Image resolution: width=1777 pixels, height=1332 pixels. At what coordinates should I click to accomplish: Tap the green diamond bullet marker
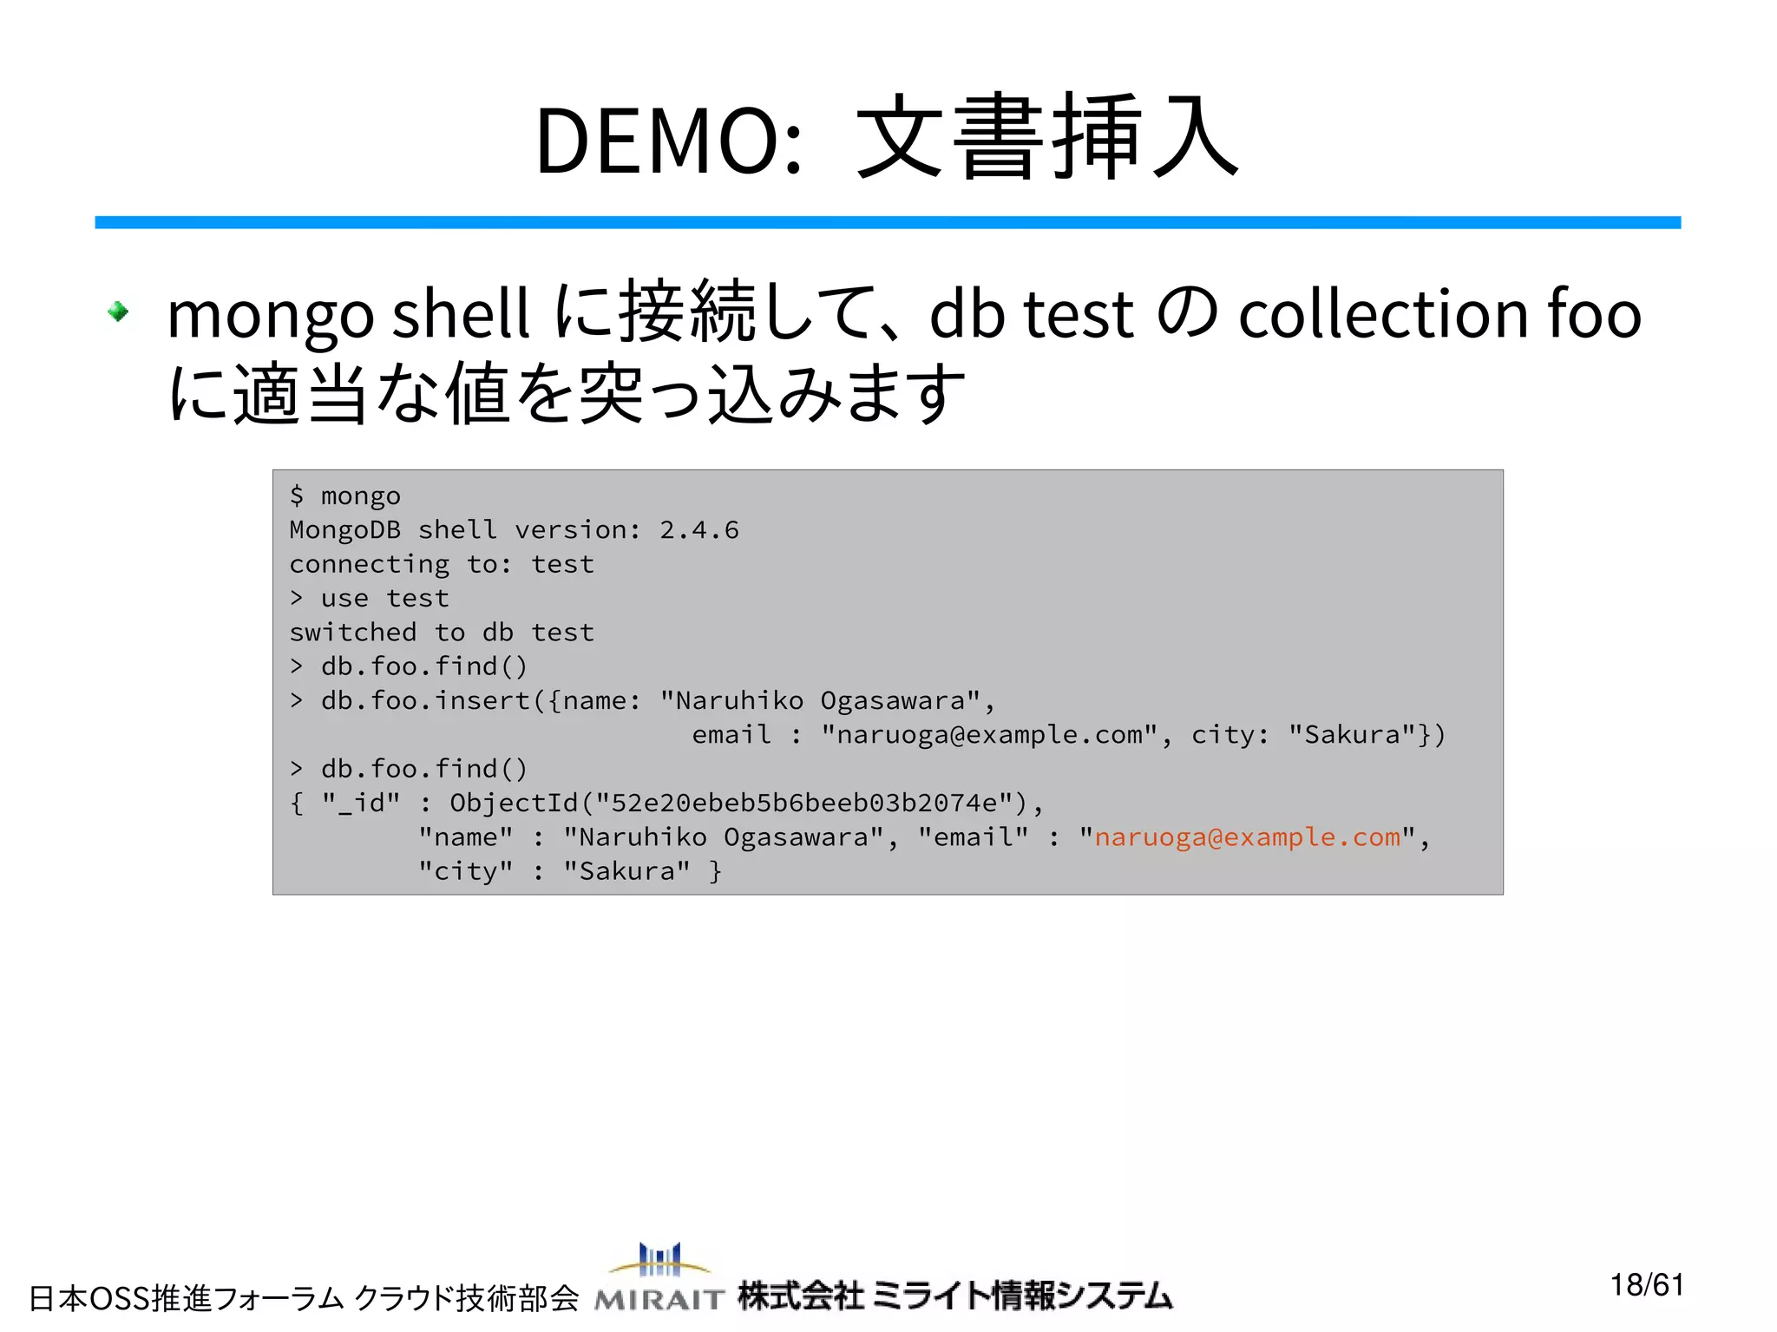(118, 311)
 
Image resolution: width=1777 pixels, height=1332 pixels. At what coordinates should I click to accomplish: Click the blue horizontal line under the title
(887, 223)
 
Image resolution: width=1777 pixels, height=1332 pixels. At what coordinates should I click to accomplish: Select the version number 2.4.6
(698, 530)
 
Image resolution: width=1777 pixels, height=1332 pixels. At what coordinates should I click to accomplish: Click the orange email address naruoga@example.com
(1247, 837)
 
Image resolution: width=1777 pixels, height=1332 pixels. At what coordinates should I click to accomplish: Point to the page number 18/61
(1646, 1285)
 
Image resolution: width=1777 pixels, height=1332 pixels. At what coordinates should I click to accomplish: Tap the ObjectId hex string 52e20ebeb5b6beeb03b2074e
(803, 804)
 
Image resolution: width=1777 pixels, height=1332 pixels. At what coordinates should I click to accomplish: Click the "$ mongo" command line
(345, 496)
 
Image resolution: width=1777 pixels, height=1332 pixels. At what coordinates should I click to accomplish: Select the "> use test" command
(370, 599)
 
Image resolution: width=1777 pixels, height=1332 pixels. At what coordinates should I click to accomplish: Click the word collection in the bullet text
(1383, 314)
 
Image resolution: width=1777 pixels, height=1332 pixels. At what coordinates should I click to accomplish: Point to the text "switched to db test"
(442, 633)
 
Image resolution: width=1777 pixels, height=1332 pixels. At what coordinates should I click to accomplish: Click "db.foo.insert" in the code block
(425, 701)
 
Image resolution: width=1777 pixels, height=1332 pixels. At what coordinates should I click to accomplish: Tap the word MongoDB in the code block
(344, 530)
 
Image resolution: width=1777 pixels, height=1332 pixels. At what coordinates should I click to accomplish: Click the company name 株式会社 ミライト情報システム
(954, 1296)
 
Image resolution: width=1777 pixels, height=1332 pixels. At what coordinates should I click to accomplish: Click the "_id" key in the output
(361, 804)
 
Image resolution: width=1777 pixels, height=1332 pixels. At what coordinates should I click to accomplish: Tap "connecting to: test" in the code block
(442, 565)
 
